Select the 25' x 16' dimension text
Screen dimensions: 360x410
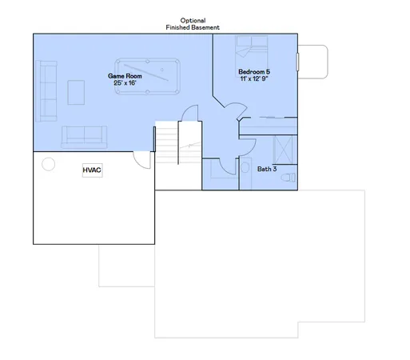tap(126, 83)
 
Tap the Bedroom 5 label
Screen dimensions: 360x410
tap(253, 72)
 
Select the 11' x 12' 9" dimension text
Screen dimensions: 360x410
tap(253, 79)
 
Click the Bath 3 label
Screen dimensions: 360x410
tap(267, 169)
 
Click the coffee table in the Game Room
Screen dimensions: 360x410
tap(77, 91)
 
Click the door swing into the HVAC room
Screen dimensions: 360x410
tap(141, 160)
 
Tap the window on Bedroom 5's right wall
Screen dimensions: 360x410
tap(297, 62)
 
